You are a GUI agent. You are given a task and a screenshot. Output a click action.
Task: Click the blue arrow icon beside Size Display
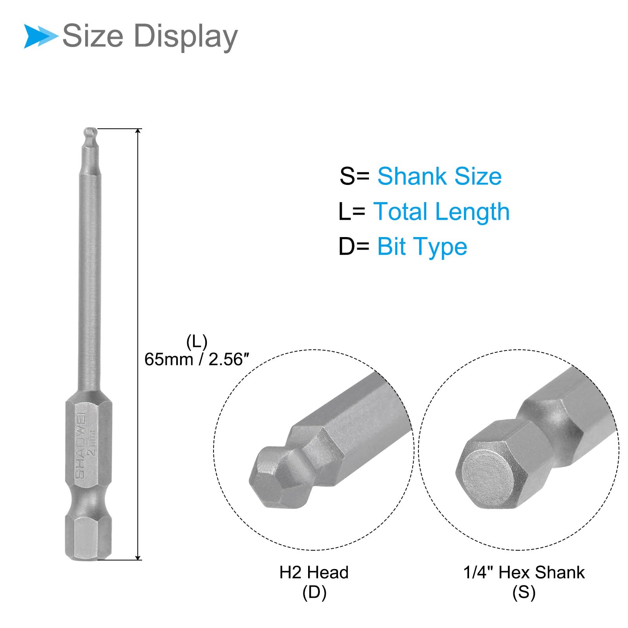pos(41,36)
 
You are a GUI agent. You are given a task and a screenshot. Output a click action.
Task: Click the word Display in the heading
pos(186,37)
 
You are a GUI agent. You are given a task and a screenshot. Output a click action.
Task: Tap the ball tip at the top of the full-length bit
pos(90,132)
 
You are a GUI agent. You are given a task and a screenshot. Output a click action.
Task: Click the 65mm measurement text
pos(169,360)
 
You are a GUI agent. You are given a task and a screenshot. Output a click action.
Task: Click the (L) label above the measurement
pos(197,342)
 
